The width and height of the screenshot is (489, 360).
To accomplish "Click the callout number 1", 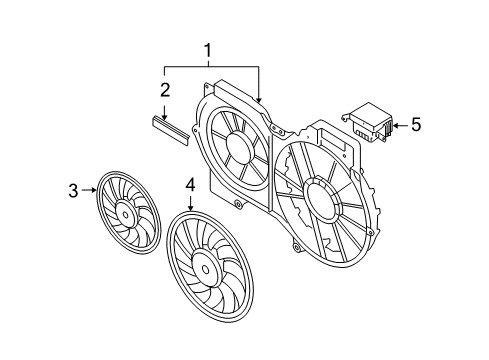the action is [x=208, y=51].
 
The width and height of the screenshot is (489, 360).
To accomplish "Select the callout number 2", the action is [x=165, y=90].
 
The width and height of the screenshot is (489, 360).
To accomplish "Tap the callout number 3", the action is [x=73, y=191].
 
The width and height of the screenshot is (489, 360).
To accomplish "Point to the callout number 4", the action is [x=190, y=185].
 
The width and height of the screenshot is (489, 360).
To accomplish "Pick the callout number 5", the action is [x=416, y=125].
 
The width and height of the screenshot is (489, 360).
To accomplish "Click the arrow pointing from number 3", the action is [x=89, y=190].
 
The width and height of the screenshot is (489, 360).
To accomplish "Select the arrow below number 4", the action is [x=190, y=203].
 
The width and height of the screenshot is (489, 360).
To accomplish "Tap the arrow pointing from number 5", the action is [x=400, y=126].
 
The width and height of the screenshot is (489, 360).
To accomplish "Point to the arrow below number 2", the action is [x=164, y=113].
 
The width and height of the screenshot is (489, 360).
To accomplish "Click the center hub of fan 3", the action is [x=125, y=215].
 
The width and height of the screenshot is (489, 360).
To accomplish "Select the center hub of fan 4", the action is [x=206, y=269].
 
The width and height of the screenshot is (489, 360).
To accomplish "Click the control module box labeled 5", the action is [x=368, y=122].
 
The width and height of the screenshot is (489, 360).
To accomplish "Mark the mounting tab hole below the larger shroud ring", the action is [x=295, y=247].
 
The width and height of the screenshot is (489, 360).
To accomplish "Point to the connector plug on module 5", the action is [x=387, y=129].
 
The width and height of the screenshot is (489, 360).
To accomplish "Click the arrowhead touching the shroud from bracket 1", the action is [x=259, y=99].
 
